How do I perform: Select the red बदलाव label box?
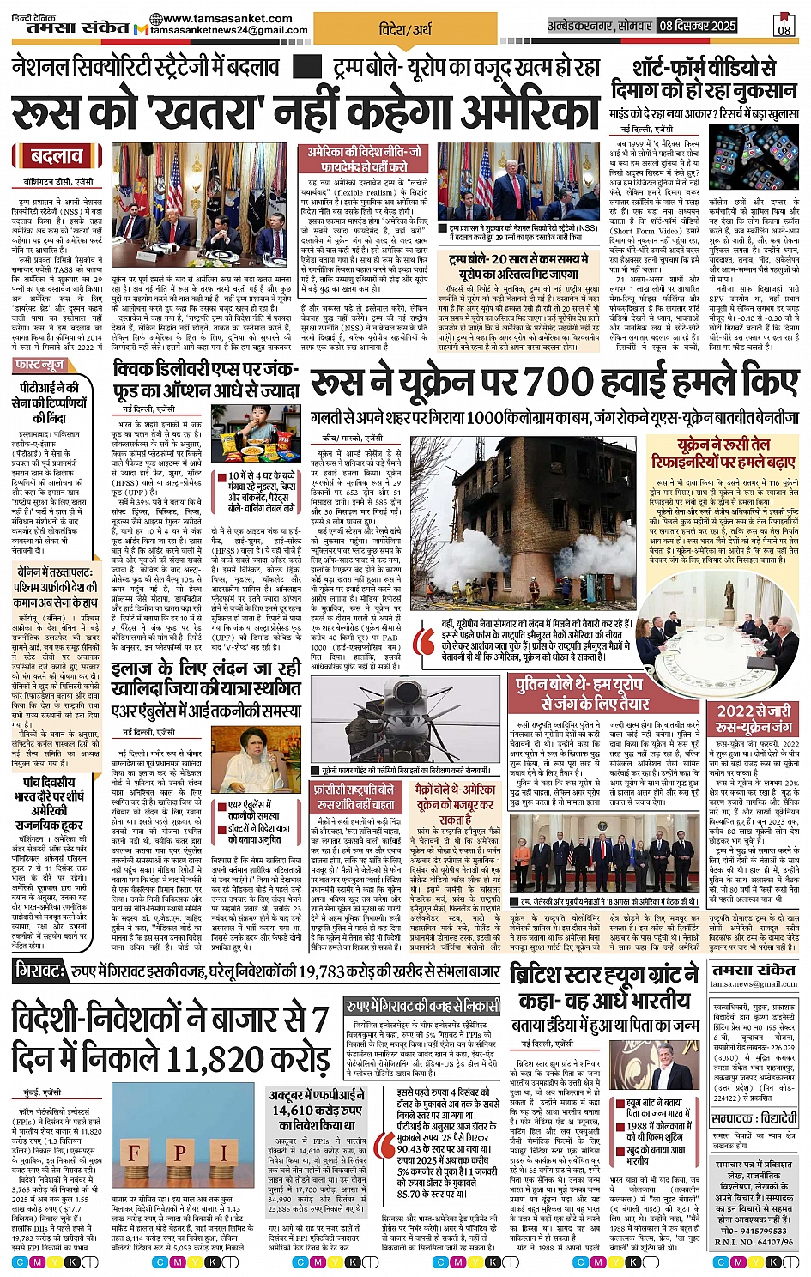coord(57,157)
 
